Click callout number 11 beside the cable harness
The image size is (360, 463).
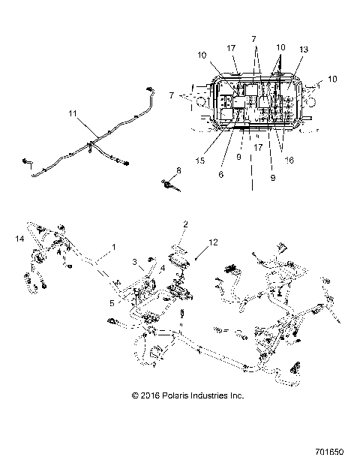click(72, 115)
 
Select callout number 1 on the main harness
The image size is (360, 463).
click(114, 247)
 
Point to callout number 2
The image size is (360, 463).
click(186, 224)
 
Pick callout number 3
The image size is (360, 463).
click(136, 263)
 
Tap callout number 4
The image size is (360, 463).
click(162, 268)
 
